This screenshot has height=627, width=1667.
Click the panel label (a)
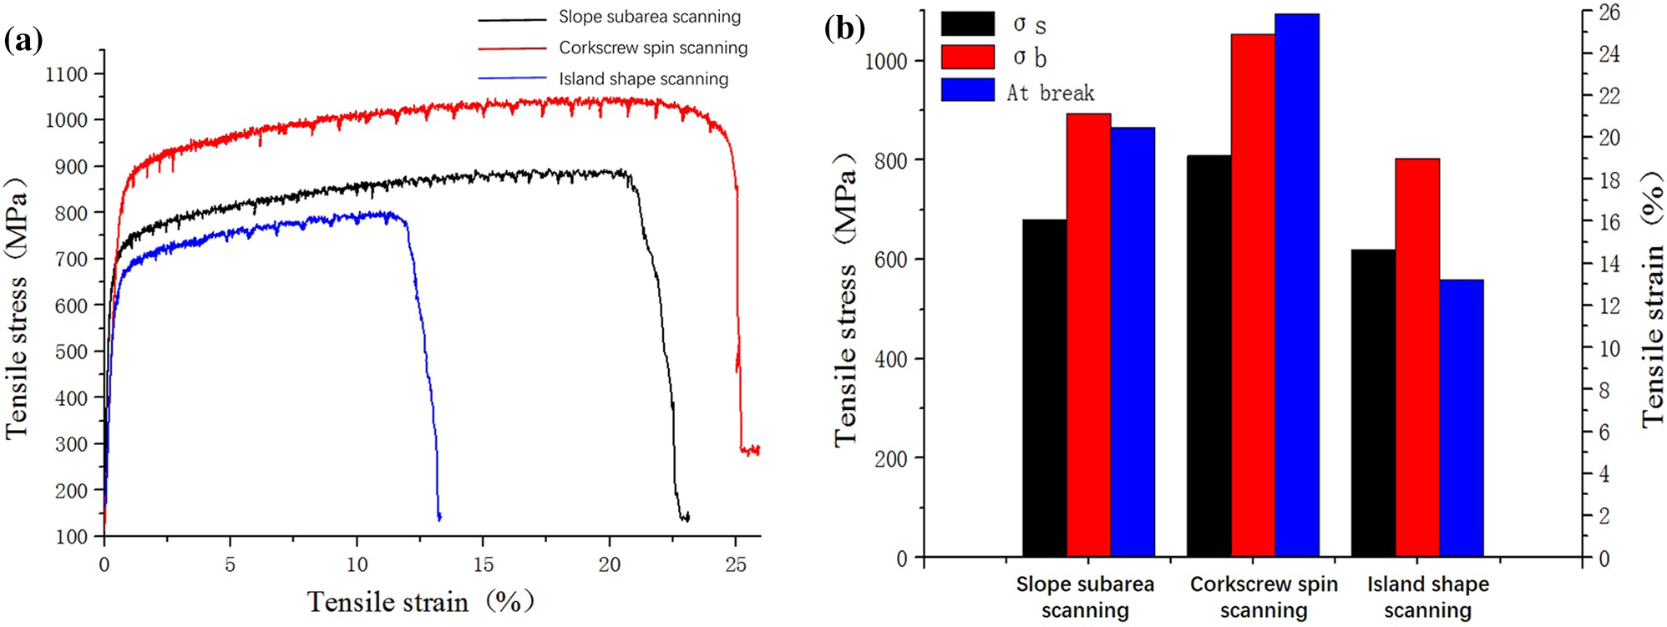[23, 39]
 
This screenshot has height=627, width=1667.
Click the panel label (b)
[844, 28]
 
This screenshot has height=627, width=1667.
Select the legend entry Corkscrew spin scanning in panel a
[652, 48]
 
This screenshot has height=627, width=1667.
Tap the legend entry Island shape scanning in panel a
[643, 78]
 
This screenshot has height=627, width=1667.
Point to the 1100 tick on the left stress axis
[66, 73]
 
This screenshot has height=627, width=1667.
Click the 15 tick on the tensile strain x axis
[484, 564]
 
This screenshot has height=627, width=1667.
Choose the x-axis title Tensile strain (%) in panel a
[420, 601]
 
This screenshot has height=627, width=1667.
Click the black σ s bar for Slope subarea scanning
[1044, 388]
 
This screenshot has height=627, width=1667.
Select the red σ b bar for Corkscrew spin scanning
[1253, 296]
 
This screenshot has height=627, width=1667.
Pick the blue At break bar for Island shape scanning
[1461, 417]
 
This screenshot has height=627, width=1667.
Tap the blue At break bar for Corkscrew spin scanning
[1297, 285]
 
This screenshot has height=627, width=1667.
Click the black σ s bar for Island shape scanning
[1372, 403]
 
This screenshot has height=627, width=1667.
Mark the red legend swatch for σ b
[967, 57]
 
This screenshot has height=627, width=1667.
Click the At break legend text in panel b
[1050, 93]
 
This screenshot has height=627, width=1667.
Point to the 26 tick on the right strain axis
[1609, 13]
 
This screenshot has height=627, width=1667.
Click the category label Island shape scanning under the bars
[1427, 597]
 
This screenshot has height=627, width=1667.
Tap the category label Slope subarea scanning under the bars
[1084, 597]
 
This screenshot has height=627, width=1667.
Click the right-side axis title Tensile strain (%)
[1652, 301]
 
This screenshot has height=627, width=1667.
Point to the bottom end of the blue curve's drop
[439, 518]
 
